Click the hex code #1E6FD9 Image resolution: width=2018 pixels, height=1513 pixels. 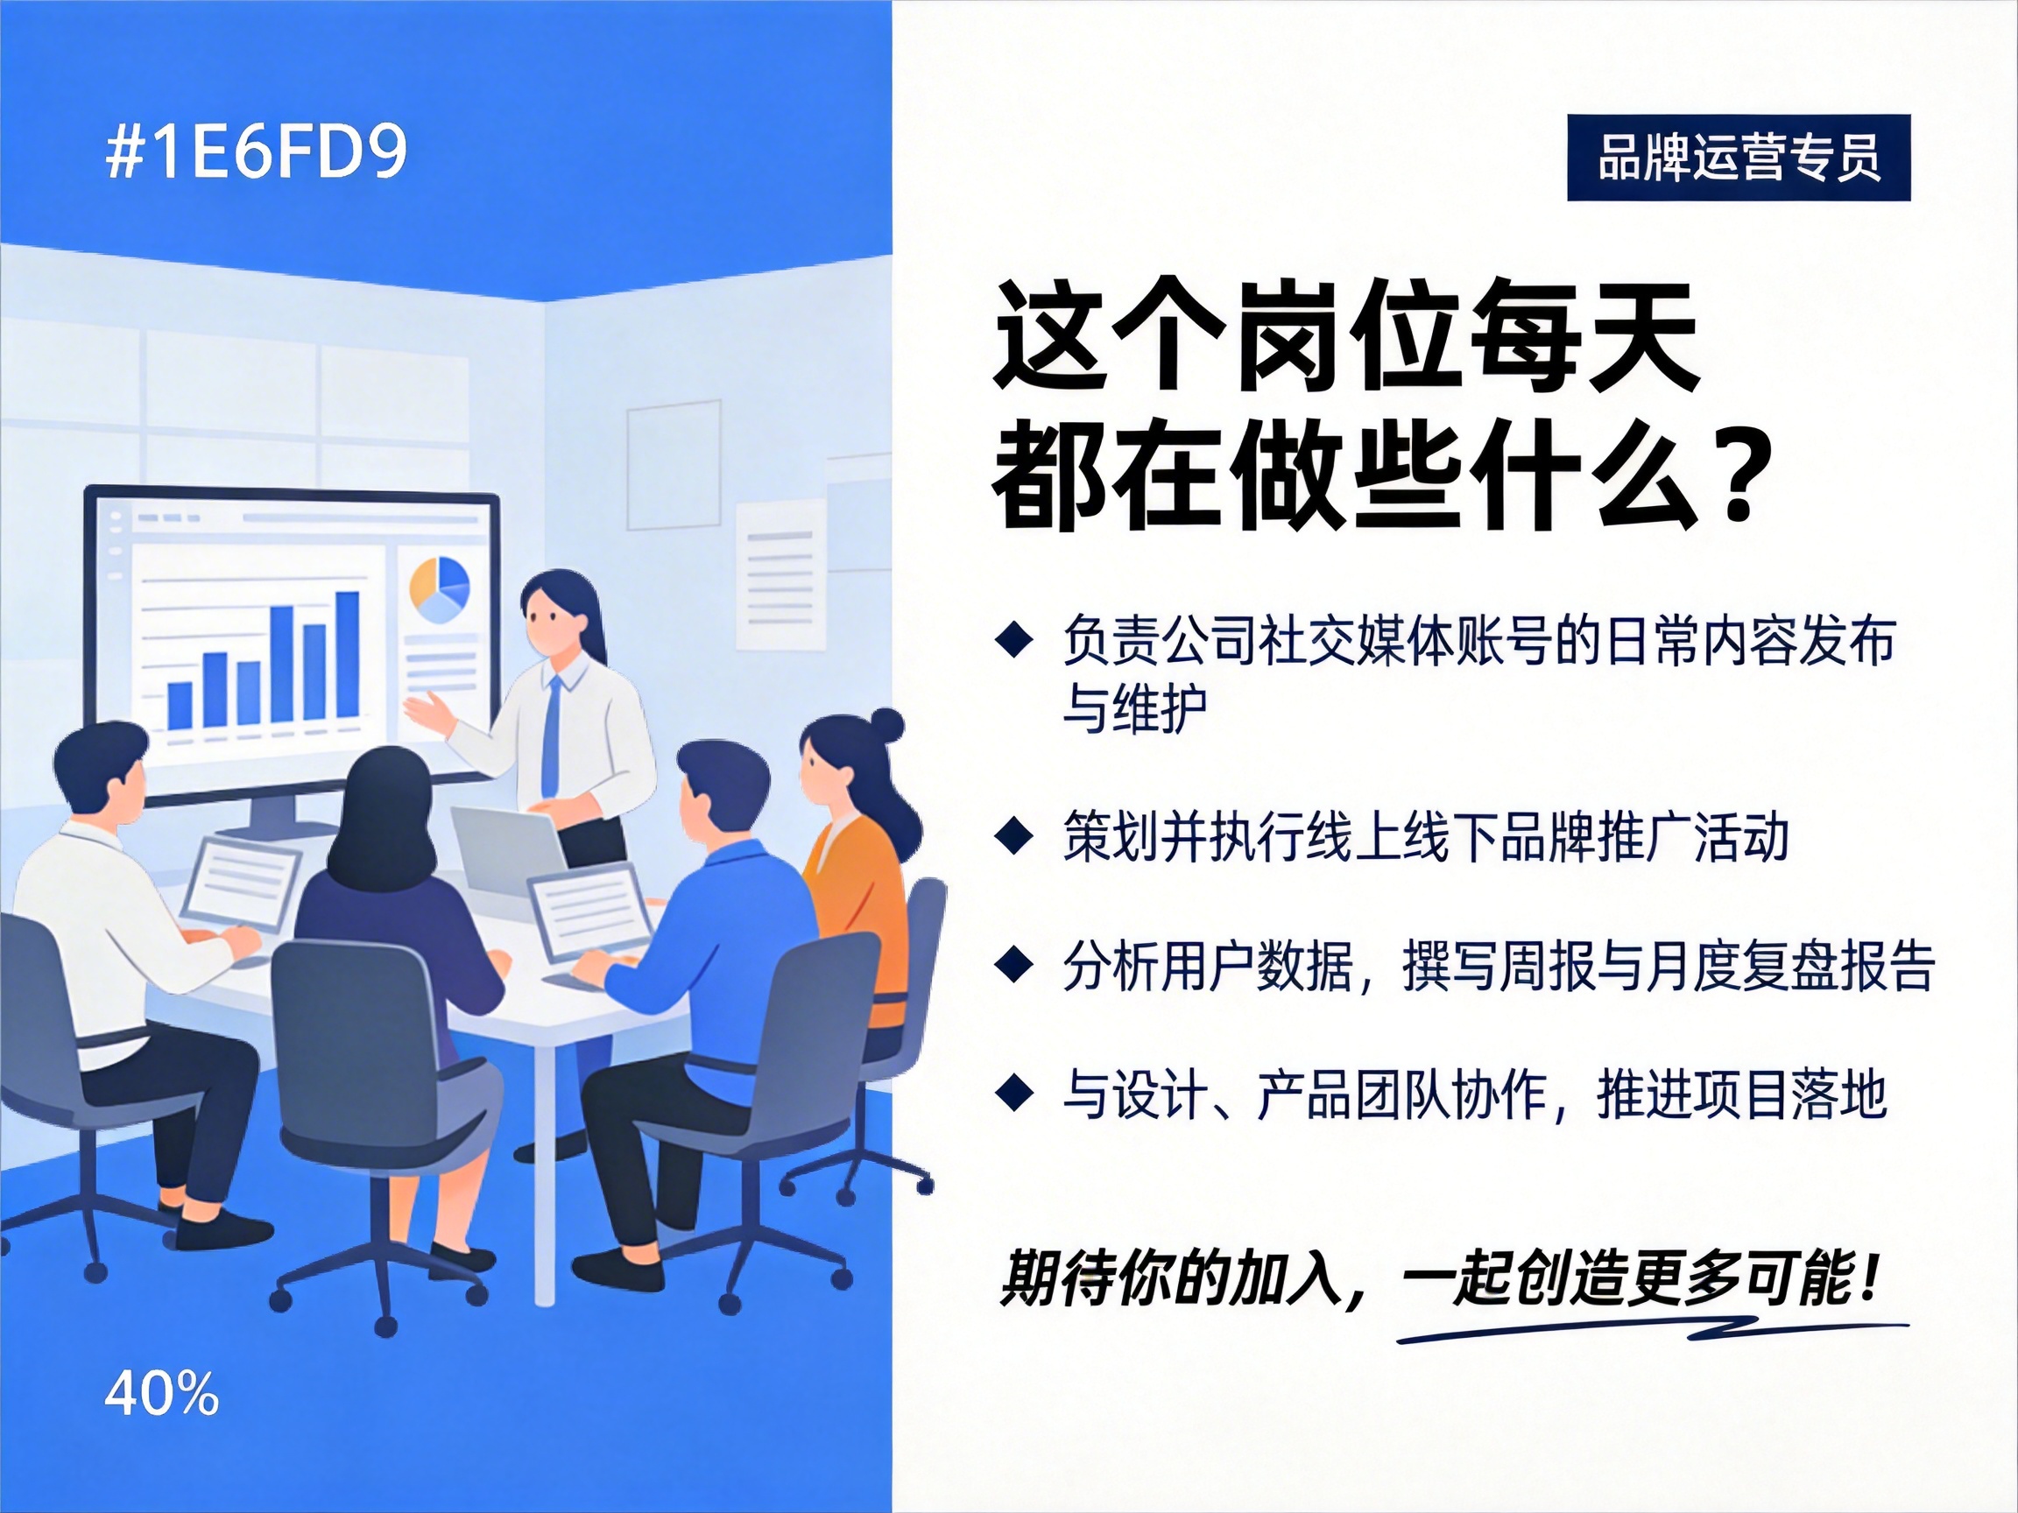256,152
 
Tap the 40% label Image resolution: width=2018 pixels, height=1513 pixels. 161,1395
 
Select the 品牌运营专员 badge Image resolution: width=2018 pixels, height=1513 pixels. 1738,158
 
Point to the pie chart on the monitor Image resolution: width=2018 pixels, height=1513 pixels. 439,590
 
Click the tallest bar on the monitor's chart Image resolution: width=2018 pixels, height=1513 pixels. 348,655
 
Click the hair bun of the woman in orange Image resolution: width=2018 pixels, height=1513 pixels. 886,726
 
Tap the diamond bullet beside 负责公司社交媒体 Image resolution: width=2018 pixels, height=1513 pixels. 1013,640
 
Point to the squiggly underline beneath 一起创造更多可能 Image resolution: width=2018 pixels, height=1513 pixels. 1651,1330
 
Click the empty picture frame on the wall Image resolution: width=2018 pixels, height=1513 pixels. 674,465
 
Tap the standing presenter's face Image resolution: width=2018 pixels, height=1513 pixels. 551,621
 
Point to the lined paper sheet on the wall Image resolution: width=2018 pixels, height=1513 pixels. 780,574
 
